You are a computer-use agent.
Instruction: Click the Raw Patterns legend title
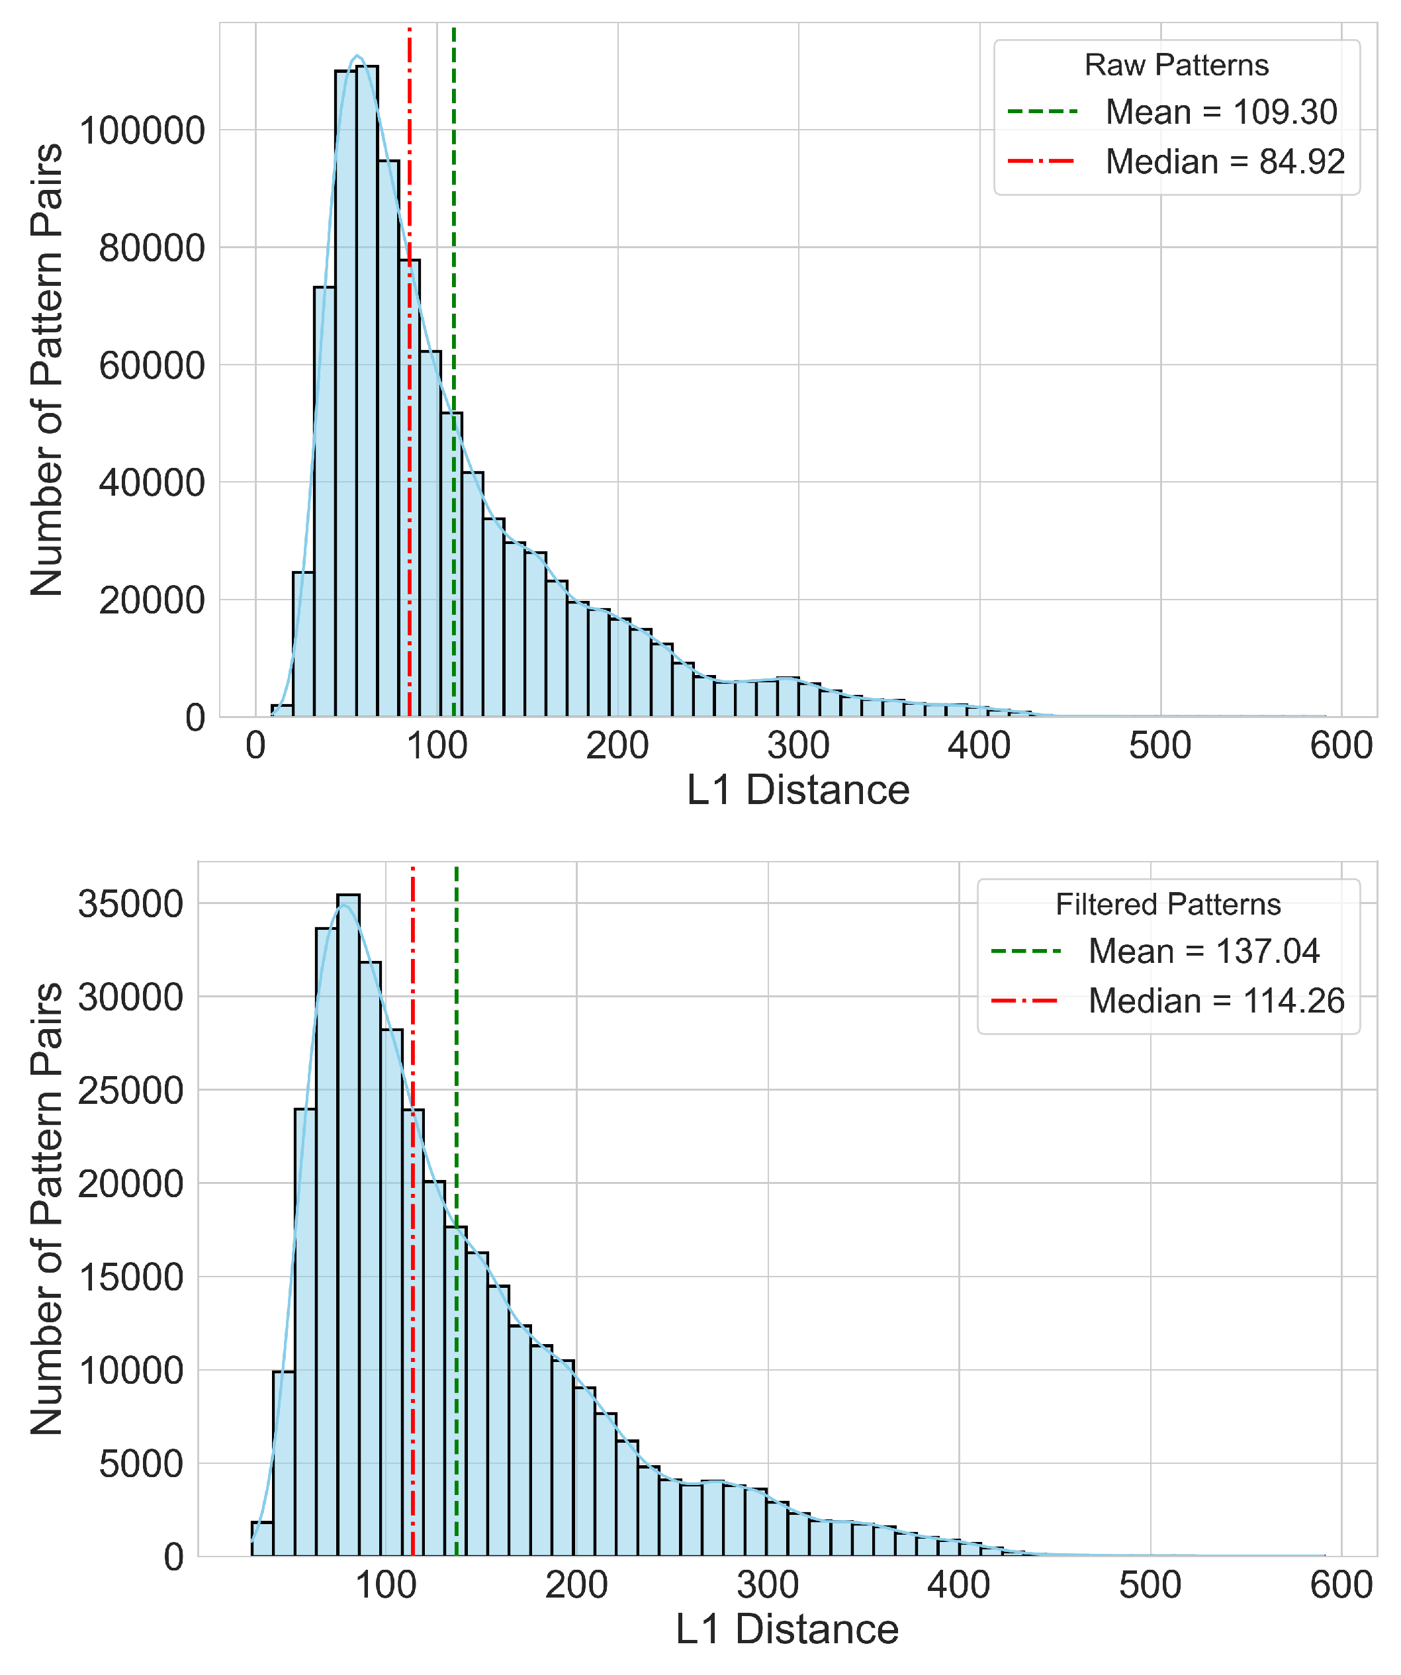(1176, 66)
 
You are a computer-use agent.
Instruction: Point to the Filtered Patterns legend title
(1167, 905)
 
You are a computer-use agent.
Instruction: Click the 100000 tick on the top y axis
(142, 131)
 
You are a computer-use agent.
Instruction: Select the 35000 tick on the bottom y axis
(131, 905)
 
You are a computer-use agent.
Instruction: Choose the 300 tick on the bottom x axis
(768, 1585)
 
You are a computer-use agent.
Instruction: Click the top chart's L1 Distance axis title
(798, 790)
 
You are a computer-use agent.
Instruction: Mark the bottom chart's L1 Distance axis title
(787, 1629)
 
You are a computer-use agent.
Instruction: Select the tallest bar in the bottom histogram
(348, 1228)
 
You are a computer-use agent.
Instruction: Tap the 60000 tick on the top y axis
(152, 366)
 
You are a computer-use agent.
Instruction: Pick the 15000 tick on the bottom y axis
(131, 1278)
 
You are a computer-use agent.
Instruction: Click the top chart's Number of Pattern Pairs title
(46, 369)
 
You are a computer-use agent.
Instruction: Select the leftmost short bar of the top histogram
(282, 710)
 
